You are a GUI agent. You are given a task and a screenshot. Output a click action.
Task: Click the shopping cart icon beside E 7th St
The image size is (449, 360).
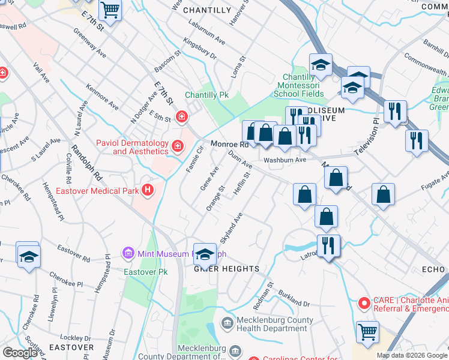[109, 10]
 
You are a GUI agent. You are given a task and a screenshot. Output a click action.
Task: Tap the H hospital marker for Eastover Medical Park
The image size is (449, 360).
[147, 191]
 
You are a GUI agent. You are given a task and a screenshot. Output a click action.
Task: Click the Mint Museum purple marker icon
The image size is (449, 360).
[127, 254]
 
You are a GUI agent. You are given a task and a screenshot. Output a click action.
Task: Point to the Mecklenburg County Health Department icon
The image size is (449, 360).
[228, 324]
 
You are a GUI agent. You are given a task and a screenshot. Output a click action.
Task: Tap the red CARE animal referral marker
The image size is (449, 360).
[363, 304]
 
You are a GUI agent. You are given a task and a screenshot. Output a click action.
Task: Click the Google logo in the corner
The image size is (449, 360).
[20, 353]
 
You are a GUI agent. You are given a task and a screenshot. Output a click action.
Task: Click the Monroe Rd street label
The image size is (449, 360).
[229, 145]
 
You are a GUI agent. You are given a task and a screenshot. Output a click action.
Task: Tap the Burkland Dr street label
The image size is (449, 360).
[294, 299]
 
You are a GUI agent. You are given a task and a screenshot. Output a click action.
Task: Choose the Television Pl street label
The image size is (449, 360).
[368, 137]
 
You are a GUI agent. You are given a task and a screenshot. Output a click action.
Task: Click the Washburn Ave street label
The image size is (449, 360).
[285, 160]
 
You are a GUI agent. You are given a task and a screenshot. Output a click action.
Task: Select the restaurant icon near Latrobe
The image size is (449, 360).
[328, 246]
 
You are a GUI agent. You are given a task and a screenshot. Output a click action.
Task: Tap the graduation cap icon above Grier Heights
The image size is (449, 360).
[205, 254]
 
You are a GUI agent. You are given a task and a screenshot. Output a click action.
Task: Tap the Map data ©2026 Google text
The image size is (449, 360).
[412, 355]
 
